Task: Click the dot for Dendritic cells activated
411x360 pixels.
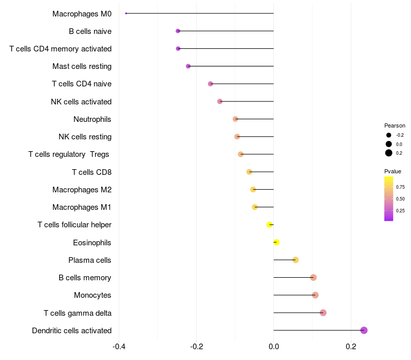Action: (x=364, y=330)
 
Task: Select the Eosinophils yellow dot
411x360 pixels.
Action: (x=276, y=242)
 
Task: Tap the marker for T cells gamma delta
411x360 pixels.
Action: (x=323, y=313)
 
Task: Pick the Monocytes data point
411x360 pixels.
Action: (x=315, y=295)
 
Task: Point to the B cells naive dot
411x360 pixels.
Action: (x=178, y=31)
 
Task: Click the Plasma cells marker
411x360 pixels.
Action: (x=295, y=260)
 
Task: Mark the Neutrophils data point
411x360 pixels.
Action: (x=235, y=119)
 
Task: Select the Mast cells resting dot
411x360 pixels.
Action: (x=188, y=66)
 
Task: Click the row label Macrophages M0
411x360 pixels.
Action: (x=82, y=13)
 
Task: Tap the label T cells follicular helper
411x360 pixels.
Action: (x=74, y=225)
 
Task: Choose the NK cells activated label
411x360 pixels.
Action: (x=81, y=101)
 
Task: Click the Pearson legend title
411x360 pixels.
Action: (x=395, y=125)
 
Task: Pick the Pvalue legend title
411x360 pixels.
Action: (x=393, y=171)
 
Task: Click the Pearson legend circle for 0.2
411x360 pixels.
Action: (x=389, y=153)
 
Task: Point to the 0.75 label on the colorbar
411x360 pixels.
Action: (x=400, y=187)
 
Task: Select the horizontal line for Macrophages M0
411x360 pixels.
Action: (x=200, y=13)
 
